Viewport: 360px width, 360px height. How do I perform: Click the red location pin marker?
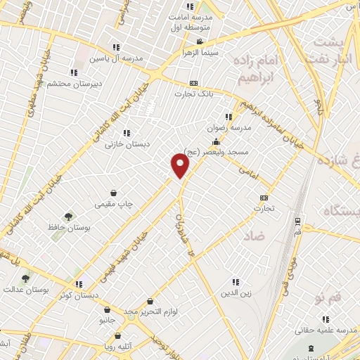[x=181, y=166]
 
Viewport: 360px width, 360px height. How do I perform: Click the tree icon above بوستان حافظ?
[x=68, y=217]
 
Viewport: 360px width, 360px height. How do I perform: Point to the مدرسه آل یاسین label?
[x=98, y=58]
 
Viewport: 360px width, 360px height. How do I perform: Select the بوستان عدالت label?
[x=25, y=289]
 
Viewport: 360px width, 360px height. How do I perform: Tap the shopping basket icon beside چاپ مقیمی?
[x=113, y=193]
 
